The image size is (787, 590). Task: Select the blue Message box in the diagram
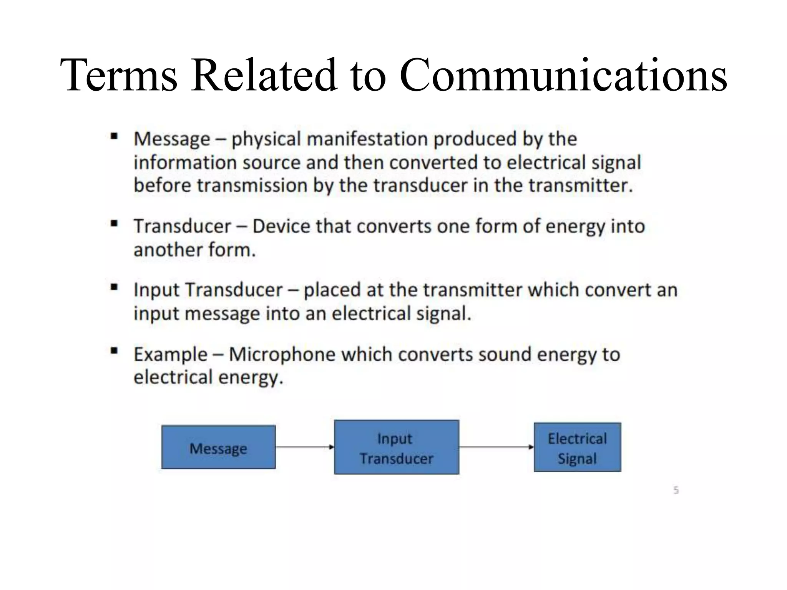(x=218, y=447)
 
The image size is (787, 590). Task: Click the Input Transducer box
(x=396, y=447)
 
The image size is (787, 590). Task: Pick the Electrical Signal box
(x=577, y=447)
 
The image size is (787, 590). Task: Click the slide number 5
(x=676, y=490)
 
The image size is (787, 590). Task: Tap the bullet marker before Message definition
(x=114, y=136)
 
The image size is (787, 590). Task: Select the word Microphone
(x=282, y=354)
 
